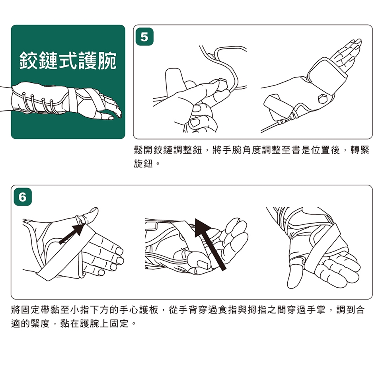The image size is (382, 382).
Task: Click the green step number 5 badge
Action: tap(144, 37)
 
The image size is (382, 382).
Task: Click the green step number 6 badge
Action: tap(23, 197)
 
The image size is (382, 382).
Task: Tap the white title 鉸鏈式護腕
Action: tap(68, 60)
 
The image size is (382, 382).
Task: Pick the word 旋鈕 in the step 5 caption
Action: tap(143, 164)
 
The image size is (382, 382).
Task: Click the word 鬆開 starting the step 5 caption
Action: tap(144, 150)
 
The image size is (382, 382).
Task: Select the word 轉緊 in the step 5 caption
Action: tap(360, 150)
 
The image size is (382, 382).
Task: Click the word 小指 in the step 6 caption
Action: tap(80, 310)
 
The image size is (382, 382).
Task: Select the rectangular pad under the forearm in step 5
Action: tap(279, 107)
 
